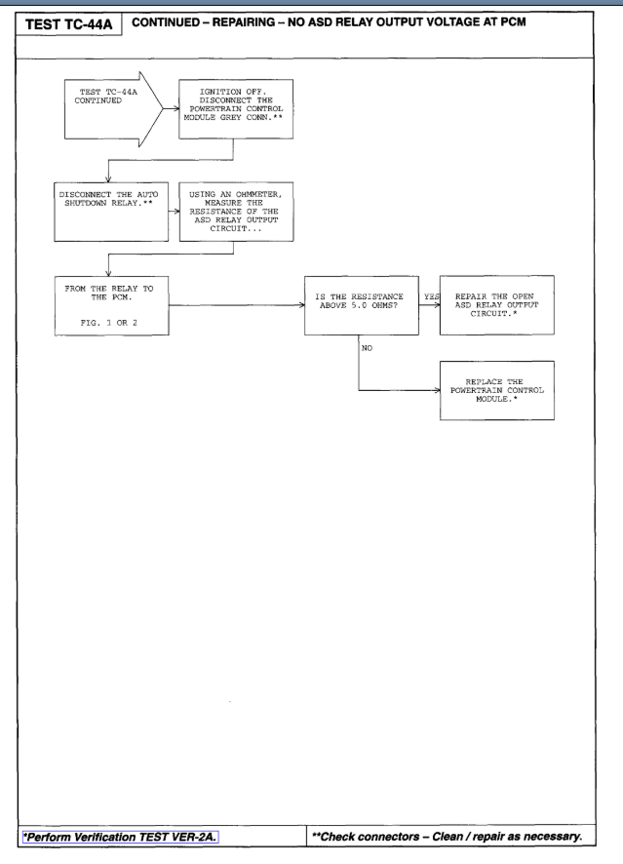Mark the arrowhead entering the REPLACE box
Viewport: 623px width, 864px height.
pos(436,389)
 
